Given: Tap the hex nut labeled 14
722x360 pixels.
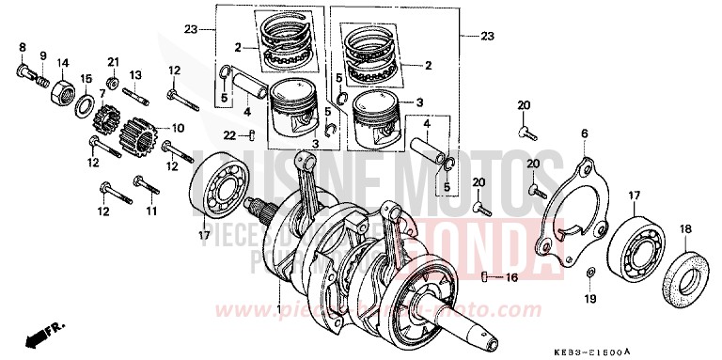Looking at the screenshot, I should coord(62,91).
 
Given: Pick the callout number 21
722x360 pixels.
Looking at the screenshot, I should coord(113,62).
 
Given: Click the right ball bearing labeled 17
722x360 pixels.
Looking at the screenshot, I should coord(624,243).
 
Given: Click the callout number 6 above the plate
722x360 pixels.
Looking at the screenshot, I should coord(585,135).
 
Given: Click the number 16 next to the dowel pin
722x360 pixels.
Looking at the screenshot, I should coord(511,278).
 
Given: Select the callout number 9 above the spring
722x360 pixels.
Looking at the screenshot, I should coord(42,45).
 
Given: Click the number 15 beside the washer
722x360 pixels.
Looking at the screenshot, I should coord(86,78).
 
